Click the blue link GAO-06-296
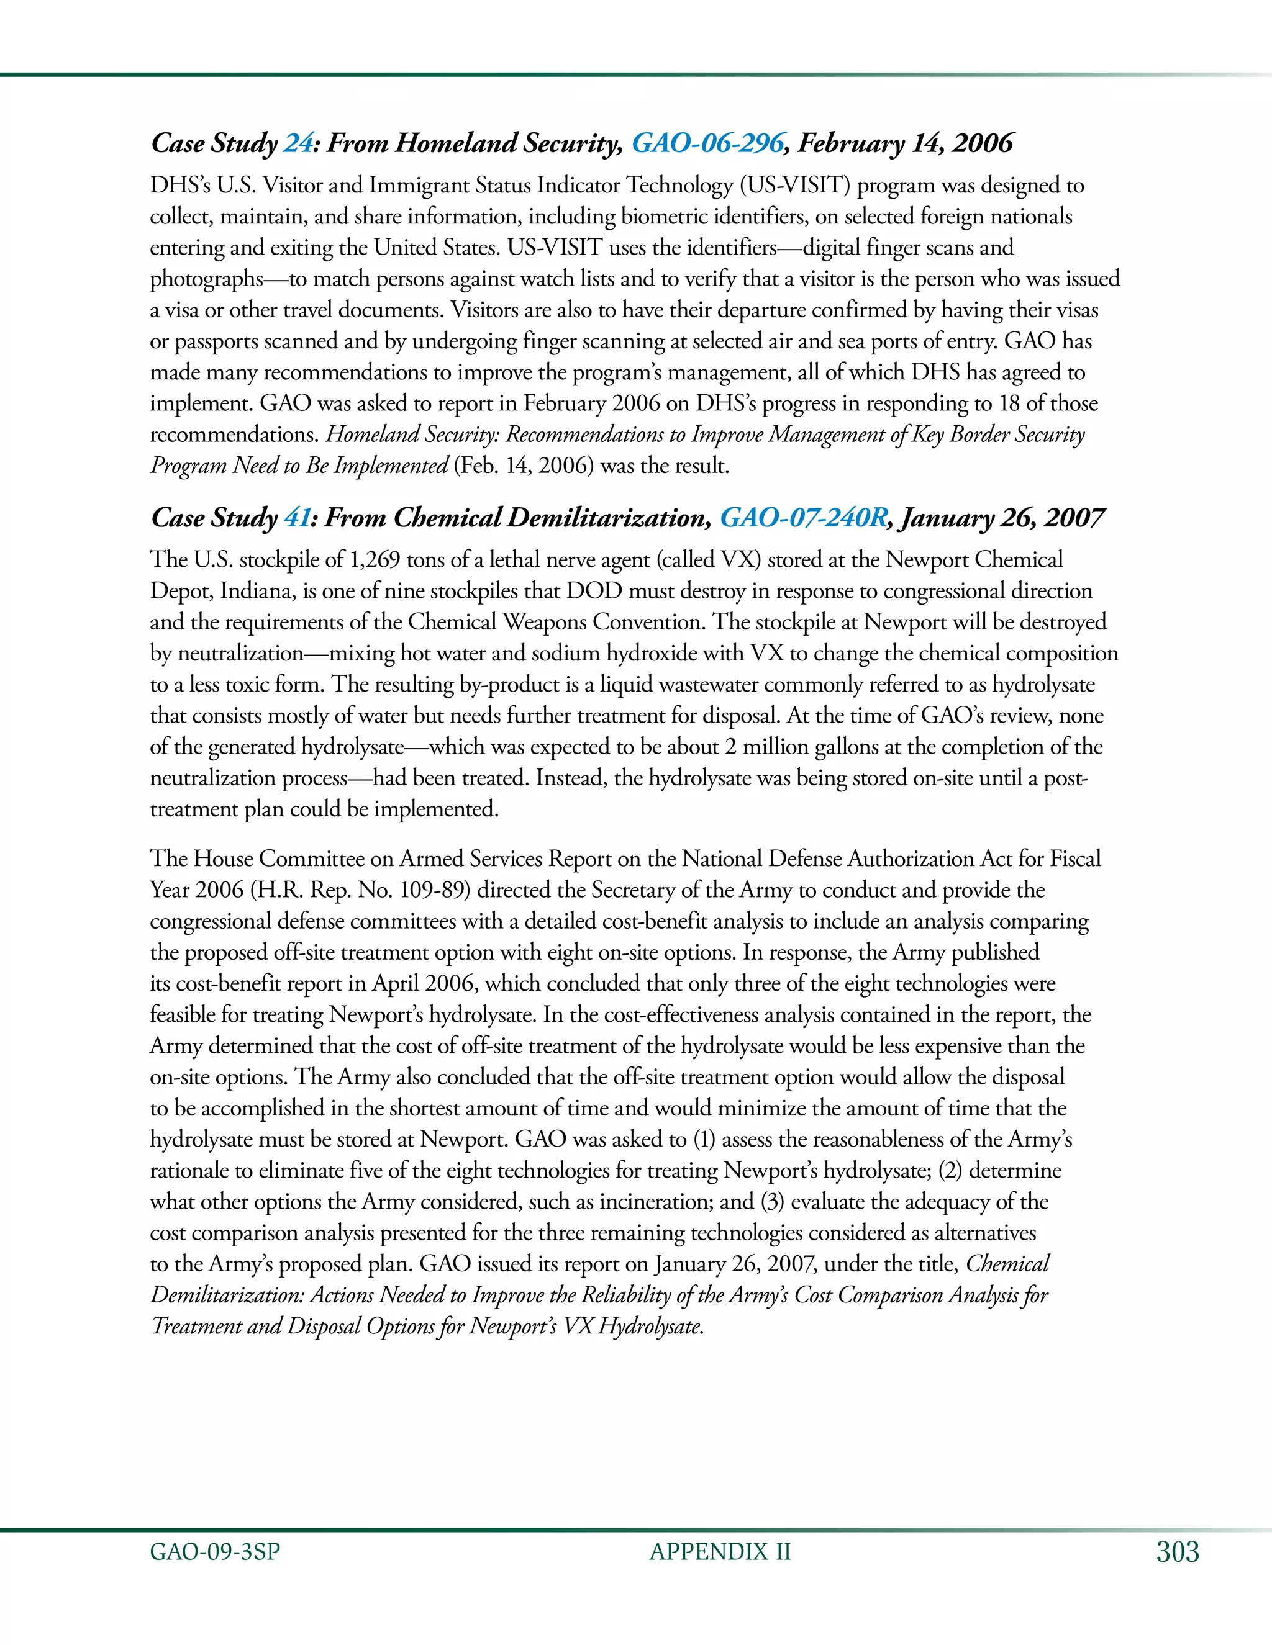707,143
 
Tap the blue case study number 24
298,143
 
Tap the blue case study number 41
298,518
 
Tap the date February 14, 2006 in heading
905,143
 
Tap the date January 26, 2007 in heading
1002,518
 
